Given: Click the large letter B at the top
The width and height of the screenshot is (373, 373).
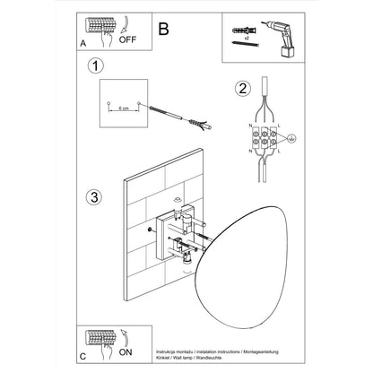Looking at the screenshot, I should pyautogui.click(x=162, y=28).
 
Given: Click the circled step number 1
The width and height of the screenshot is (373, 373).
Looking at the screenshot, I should pyautogui.click(x=96, y=65).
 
